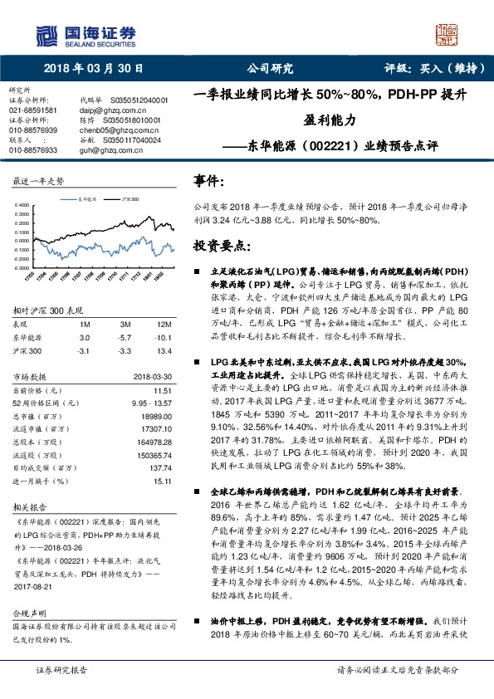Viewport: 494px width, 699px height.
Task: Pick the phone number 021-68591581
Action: point(32,110)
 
